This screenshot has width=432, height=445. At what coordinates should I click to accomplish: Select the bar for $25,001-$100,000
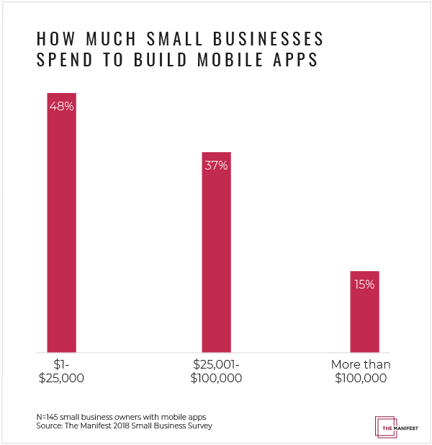(216, 252)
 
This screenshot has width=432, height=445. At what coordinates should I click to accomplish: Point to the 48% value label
(61, 106)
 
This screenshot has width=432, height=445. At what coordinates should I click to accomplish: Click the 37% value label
(216, 165)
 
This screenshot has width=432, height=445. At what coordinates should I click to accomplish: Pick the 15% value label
(364, 284)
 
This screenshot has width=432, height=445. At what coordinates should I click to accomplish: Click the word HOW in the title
(53, 38)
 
